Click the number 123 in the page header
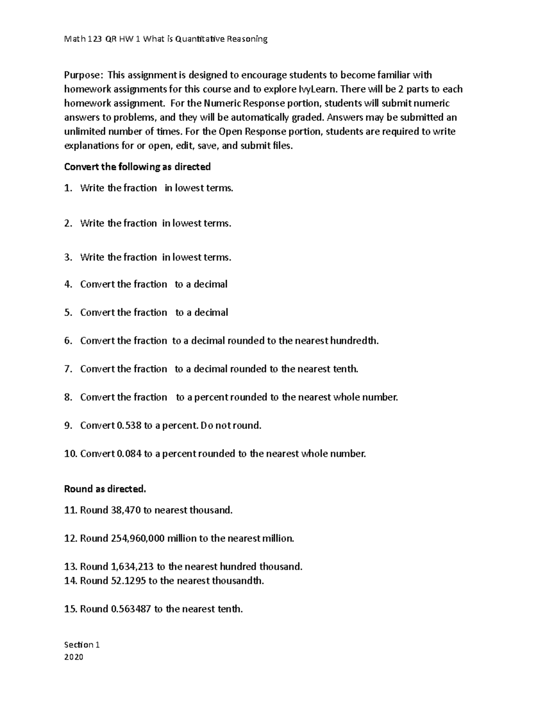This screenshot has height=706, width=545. point(94,39)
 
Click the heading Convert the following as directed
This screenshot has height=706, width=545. point(137,167)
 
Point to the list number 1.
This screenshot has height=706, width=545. point(68,188)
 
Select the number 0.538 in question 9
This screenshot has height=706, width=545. point(129,426)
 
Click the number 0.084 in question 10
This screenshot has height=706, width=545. point(129,454)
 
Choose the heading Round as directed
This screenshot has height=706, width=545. point(105,489)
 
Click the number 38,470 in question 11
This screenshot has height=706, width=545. point(125,511)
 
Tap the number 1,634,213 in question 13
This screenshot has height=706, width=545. point(132,567)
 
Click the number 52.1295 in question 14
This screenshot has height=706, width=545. point(128,581)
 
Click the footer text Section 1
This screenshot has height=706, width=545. point(82,645)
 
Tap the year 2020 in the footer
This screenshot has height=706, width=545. point(74,657)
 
